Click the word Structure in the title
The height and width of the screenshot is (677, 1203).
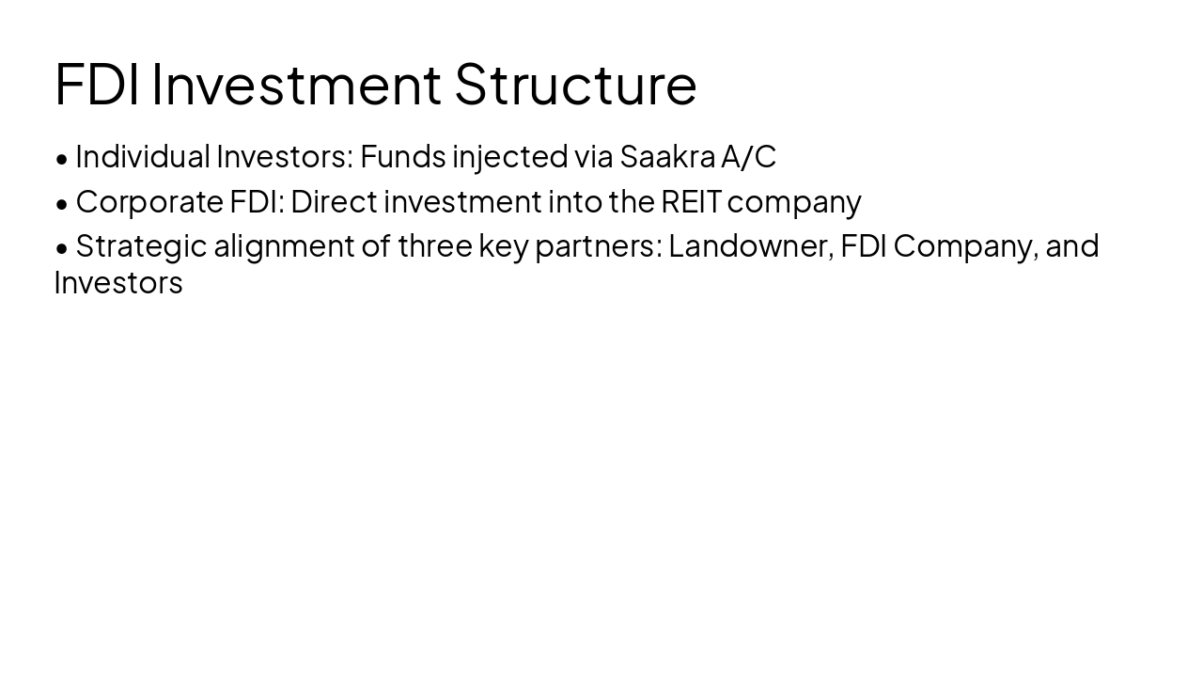tap(575, 84)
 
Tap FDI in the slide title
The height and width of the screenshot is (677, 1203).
tap(98, 84)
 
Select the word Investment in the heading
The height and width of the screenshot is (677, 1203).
tap(296, 84)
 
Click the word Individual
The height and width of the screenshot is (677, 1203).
tap(142, 156)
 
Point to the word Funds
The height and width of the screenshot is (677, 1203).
tap(401, 156)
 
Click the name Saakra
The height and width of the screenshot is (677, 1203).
tap(667, 156)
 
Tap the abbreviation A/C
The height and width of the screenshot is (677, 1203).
tap(748, 156)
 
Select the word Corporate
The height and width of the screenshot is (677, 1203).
tap(148, 201)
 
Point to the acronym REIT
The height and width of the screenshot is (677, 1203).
tap(691, 201)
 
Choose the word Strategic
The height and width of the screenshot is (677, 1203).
tap(141, 246)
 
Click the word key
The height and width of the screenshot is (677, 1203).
tap(503, 246)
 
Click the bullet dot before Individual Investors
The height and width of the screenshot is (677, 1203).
tap(62, 158)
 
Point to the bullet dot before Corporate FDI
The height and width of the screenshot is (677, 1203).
tap(62, 203)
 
